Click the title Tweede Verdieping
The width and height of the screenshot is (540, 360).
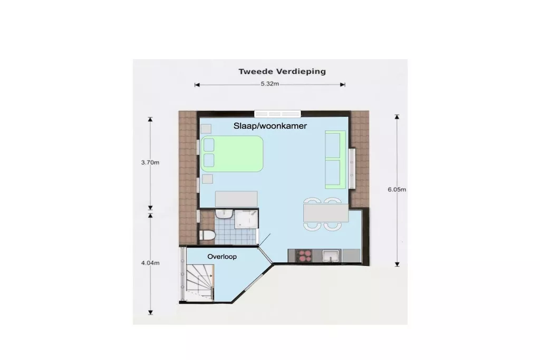pos(282,72)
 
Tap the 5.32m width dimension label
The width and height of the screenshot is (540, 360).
pos(269,84)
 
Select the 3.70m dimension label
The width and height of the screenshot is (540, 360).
pos(150,162)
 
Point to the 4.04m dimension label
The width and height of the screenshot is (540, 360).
pos(150,263)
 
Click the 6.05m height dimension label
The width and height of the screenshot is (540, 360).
pos(397,189)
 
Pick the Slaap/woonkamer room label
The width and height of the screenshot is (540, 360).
pos(270,126)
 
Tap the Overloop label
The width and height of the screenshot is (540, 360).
pos(222,256)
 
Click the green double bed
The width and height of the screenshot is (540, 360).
pos(232,154)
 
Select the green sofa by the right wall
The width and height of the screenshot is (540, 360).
pos(335,159)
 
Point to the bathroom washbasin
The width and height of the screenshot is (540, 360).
pos(224,214)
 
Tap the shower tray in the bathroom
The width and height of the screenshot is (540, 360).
pos(246,219)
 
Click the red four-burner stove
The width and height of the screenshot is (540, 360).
pos(304,256)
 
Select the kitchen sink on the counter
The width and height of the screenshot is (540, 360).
pos(331,256)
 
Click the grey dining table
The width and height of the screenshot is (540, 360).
pos(326,213)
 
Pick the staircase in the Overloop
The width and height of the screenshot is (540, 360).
pos(200,283)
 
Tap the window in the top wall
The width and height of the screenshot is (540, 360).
pos(277,114)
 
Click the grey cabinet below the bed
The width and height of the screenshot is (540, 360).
pos(236,199)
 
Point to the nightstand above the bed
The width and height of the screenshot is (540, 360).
pos(206,129)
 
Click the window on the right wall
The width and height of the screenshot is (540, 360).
pos(352,168)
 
